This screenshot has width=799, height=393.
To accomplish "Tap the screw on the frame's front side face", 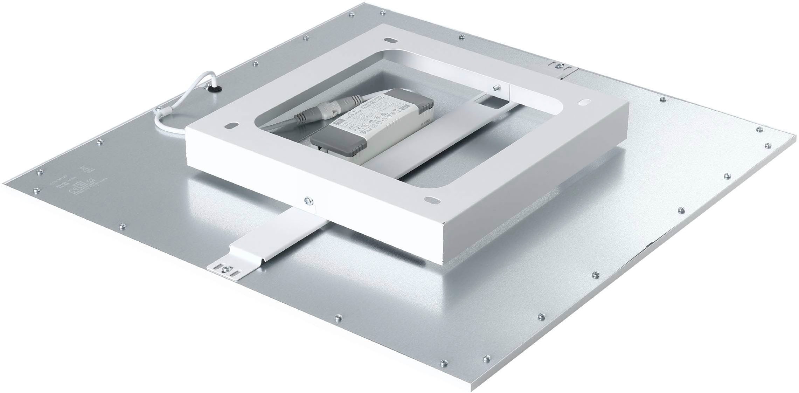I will click(x=308, y=200).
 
